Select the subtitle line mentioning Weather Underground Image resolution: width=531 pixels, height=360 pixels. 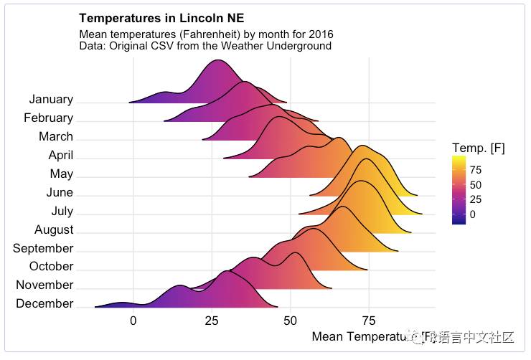click(205, 46)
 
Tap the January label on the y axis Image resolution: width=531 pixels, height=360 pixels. click(51, 100)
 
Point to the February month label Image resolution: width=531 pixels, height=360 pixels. click(48, 118)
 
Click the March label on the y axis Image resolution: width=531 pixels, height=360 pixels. click(56, 137)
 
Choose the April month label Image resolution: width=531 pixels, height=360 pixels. click(60, 156)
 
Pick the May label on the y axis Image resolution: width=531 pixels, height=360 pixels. click(62, 174)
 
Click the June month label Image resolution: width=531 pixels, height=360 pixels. click(60, 193)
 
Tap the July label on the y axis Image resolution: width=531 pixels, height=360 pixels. click(62, 212)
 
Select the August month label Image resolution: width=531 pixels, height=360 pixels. click(54, 230)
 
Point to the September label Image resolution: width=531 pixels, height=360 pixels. click(43, 249)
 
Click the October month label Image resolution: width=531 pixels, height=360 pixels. click(51, 267)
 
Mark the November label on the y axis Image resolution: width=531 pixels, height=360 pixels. click(44, 285)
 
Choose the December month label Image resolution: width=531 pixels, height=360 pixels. click(44, 304)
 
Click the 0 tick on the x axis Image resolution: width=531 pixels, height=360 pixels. click(133, 321)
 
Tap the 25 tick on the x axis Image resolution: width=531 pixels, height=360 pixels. click(212, 321)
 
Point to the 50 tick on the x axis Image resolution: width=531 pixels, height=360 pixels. click(290, 321)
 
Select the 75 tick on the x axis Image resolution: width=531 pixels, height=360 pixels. click(369, 321)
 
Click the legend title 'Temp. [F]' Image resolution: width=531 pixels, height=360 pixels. click(479, 148)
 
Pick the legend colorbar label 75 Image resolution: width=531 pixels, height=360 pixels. click(475, 170)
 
